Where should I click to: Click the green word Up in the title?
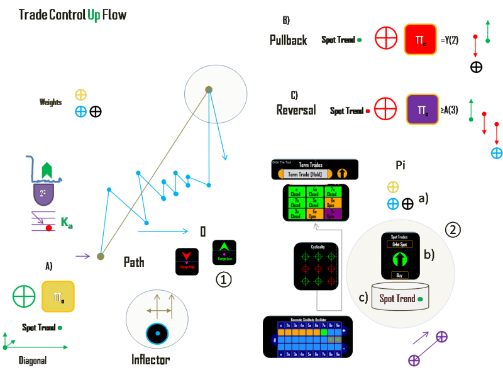click(94, 14)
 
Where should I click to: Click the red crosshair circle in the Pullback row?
click(386, 38)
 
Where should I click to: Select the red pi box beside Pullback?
click(419, 39)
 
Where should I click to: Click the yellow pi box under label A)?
click(58, 296)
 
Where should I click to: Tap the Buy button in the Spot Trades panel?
click(396, 274)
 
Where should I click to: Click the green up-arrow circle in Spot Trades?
click(397, 259)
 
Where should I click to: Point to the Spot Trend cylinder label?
click(397, 298)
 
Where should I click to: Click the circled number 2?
click(453, 228)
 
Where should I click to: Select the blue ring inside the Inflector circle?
click(156, 334)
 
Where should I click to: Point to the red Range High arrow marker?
click(187, 254)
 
